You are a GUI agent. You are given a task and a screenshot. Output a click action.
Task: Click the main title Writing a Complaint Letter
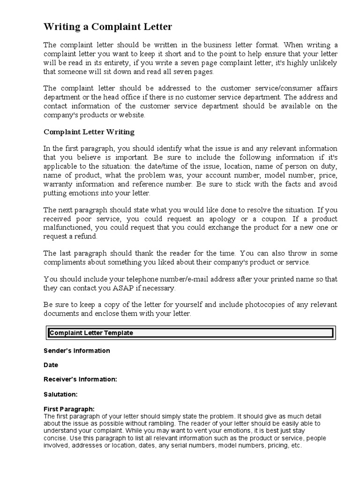point(108,27)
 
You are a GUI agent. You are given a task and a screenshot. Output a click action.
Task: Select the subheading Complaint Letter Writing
point(89,132)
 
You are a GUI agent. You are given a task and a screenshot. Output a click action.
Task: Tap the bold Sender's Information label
point(77,351)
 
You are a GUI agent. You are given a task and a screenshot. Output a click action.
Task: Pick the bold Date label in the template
point(51,365)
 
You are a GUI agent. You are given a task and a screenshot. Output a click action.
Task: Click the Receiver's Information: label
point(80,379)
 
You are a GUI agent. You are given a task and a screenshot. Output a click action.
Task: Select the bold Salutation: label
point(60,394)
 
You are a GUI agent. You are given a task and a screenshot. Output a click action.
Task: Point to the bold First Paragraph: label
point(69,409)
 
